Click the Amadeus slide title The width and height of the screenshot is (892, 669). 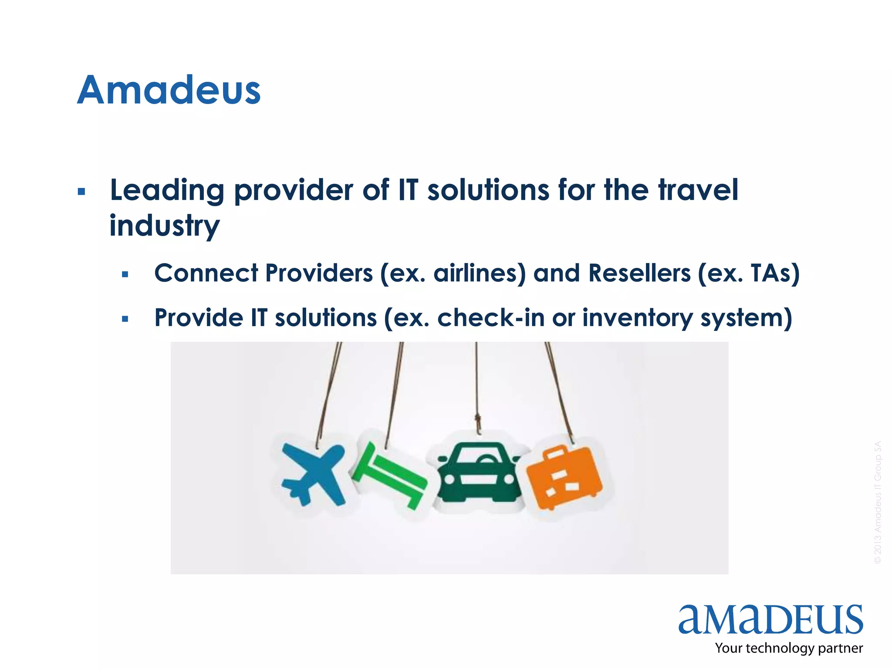(169, 90)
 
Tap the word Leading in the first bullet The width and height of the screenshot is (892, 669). (167, 191)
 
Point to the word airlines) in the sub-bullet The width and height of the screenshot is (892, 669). (480, 274)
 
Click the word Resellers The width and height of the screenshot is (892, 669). (639, 274)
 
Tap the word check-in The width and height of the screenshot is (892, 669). (491, 318)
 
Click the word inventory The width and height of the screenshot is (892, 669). (637, 318)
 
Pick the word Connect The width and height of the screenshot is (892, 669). (206, 274)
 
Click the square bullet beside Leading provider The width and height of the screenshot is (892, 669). (81, 192)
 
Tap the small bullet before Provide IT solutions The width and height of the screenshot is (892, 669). (125, 319)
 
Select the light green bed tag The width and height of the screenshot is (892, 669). (390, 475)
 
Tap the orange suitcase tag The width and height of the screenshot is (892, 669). (564, 477)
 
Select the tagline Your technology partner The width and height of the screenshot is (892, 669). (788, 648)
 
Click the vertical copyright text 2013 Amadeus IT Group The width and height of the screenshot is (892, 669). (878, 503)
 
